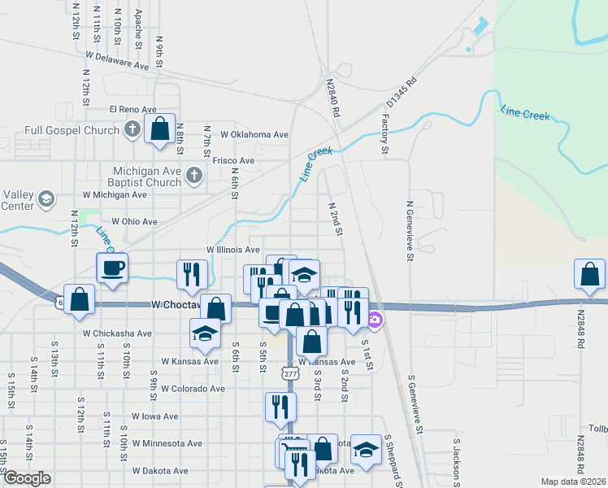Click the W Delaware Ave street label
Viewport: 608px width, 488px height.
(x=119, y=59)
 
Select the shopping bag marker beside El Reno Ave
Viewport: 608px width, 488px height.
(x=159, y=127)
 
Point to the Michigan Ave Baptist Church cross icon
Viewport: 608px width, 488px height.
(x=193, y=175)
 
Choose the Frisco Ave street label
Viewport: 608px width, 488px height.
(x=233, y=161)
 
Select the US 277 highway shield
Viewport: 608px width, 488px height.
(x=290, y=373)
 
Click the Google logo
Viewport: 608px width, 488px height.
(x=27, y=478)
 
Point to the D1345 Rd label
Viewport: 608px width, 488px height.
(x=402, y=92)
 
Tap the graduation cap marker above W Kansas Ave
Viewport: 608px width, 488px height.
(x=205, y=332)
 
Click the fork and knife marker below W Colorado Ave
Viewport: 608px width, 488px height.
(x=280, y=406)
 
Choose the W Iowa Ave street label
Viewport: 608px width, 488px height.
(x=154, y=416)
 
